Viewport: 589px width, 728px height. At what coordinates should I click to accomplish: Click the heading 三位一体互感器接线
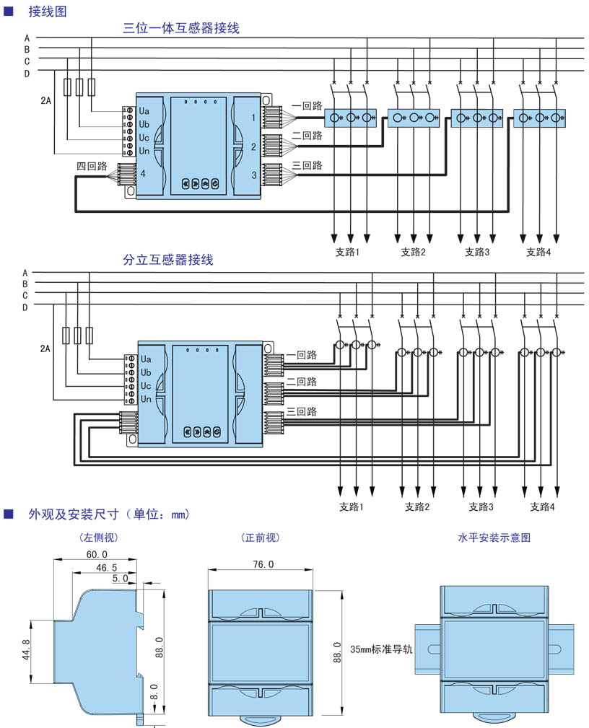pos(180,29)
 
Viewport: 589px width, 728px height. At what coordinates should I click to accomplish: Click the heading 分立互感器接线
pos(167,260)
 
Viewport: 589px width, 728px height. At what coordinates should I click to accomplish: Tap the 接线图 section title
pos(48,11)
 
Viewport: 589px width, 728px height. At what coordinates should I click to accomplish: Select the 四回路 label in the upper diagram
pos(92,166)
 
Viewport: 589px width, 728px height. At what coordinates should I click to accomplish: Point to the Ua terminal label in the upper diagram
pos(144,111)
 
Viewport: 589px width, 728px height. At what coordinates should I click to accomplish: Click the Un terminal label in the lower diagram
pos(146,399)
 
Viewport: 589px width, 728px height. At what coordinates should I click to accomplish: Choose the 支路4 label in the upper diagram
pos(538,252)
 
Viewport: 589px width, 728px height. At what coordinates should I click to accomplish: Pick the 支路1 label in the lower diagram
pos(352,506)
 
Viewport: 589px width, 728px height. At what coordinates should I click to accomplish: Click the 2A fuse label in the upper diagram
pos(45,101)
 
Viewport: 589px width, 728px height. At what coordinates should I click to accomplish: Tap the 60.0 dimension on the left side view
pos(97,554)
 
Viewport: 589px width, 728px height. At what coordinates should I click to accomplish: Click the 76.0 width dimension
pos(261,564)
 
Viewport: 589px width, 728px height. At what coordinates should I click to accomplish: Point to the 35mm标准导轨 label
pos(381,649)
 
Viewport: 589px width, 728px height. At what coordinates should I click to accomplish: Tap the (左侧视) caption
pos(98,538)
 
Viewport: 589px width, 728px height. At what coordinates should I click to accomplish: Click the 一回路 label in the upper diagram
pos(306,105)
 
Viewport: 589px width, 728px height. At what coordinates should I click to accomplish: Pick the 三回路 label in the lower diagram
pos(302,411)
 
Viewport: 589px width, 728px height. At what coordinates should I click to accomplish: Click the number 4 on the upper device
pos(143,173)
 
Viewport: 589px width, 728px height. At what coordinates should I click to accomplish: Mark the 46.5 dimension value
pos(107,569)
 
